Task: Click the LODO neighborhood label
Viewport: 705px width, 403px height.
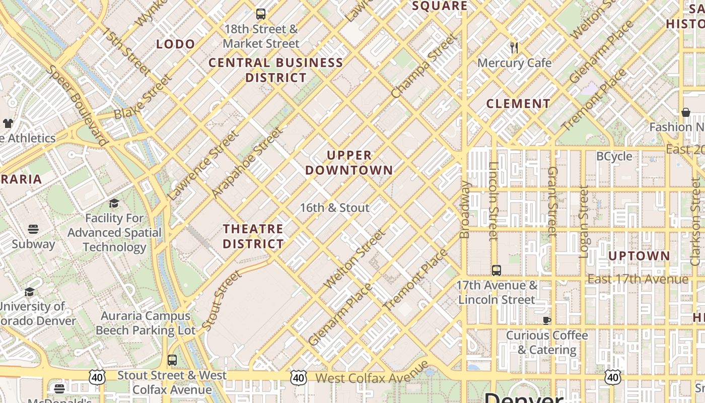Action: tap(175, 44)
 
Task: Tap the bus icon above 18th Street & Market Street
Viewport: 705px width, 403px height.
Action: tap(260, 14)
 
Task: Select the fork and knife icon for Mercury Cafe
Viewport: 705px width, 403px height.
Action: tap(514, 48)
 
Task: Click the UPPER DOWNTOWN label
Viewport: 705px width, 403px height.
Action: tap(348, 163)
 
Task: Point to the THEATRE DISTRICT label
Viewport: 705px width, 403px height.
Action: tap(253, 236)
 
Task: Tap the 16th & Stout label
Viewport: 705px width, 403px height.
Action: tap(334, 208)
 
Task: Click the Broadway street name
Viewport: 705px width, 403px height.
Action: tap(465, 209)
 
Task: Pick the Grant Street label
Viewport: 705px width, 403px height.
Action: tap(552, 201)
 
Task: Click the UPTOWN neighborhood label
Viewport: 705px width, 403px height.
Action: tap(639, 256)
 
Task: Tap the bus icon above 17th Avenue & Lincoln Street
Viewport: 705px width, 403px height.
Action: tap(497, 271)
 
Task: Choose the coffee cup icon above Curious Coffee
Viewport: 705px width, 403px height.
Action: tap(547, 320)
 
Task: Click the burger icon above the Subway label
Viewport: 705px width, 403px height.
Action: tap(33, 229)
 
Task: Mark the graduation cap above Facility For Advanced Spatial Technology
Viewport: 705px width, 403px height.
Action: tap(114, 204)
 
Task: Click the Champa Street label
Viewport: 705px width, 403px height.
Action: tap(424, 66)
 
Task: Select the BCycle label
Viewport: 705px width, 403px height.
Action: tap(614, 157)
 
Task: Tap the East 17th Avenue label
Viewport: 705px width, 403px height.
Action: tap(638, 279)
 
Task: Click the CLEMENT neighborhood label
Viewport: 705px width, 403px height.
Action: tap(518, 104)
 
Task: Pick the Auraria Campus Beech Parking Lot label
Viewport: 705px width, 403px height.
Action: tap(145, 323)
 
